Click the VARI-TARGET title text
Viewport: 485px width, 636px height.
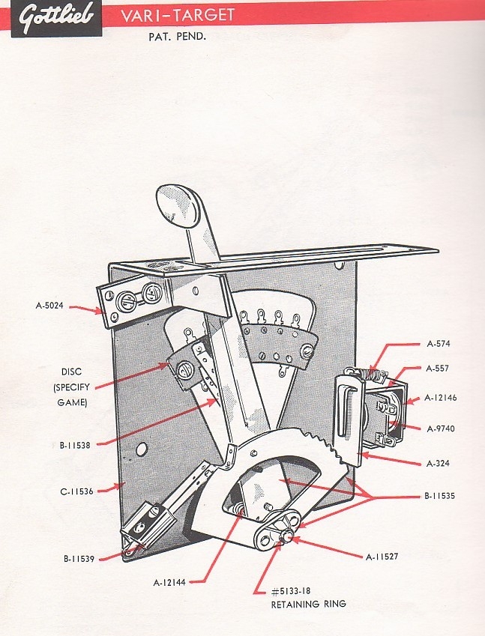point(178,15)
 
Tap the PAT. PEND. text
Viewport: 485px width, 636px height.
point(176,35)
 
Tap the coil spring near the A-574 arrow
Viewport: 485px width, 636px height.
point(364,372)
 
